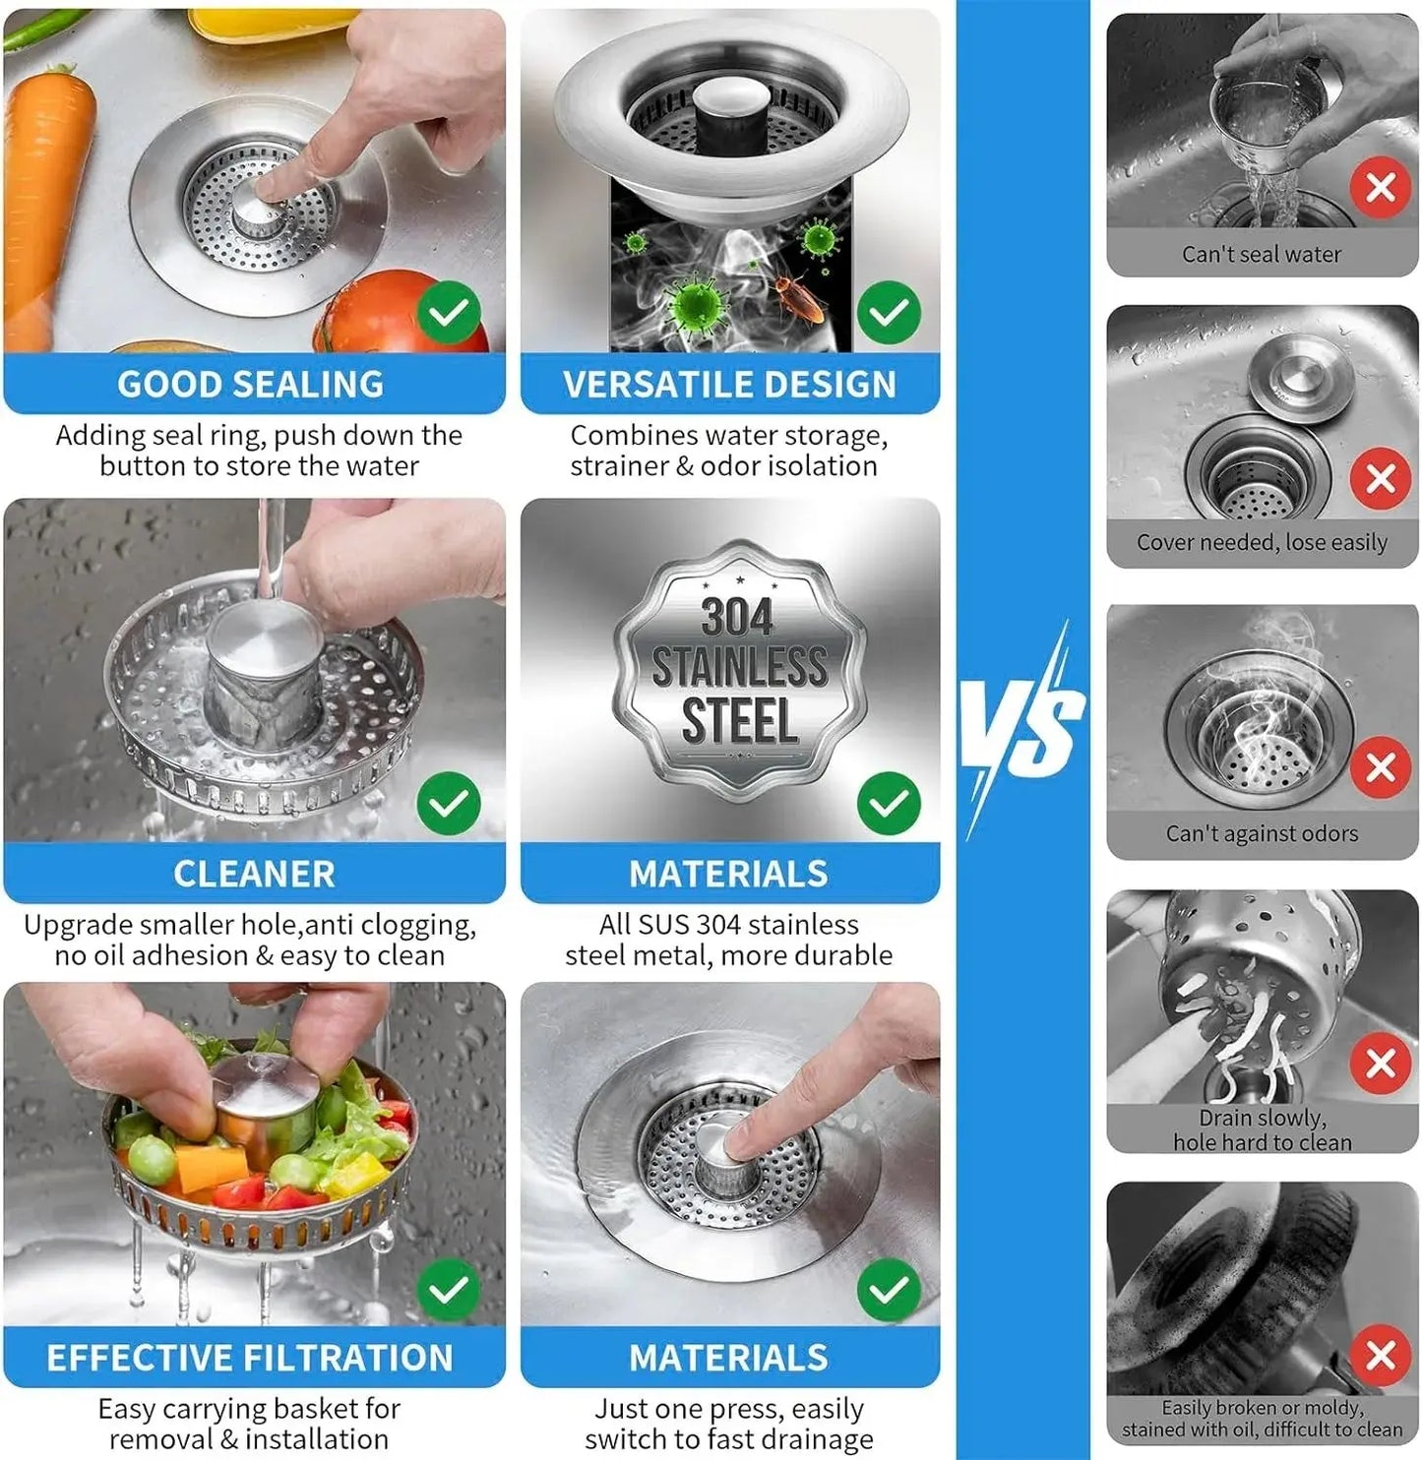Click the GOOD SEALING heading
pos(251,384)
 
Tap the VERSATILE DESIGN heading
pos(729,384)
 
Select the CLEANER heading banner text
pos(254,874)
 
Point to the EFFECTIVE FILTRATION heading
pos(250,1358)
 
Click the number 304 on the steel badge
pos(737,618)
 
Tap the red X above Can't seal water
pos(1380,187)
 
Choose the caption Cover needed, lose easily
pos(1262,542)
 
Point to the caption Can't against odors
pos(1262,833)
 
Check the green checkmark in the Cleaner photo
pos(449,803)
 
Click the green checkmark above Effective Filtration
pos(449,1289)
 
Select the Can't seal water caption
pos(1262,254)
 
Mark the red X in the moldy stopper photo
pos(1380,1355)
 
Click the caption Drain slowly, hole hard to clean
pos(1262,1130)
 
